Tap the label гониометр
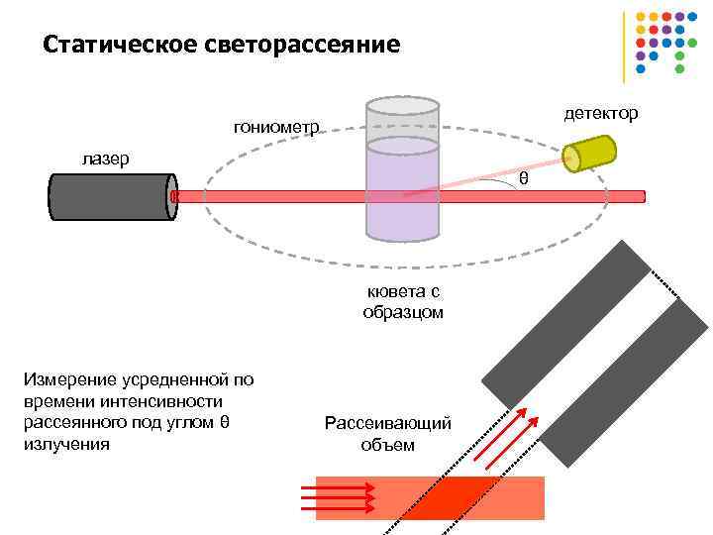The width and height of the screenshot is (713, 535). [276, 127]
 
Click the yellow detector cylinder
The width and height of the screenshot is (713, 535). [590, 152]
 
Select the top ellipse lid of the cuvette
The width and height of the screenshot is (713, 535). [402, 105]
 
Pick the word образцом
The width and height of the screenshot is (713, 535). [403, 312]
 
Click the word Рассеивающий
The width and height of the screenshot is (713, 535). [388, 424]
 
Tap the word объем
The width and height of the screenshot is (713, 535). [388, 445]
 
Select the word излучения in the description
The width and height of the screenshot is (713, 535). [65, 444]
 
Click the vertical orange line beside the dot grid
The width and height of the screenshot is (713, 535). [624, 47]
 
